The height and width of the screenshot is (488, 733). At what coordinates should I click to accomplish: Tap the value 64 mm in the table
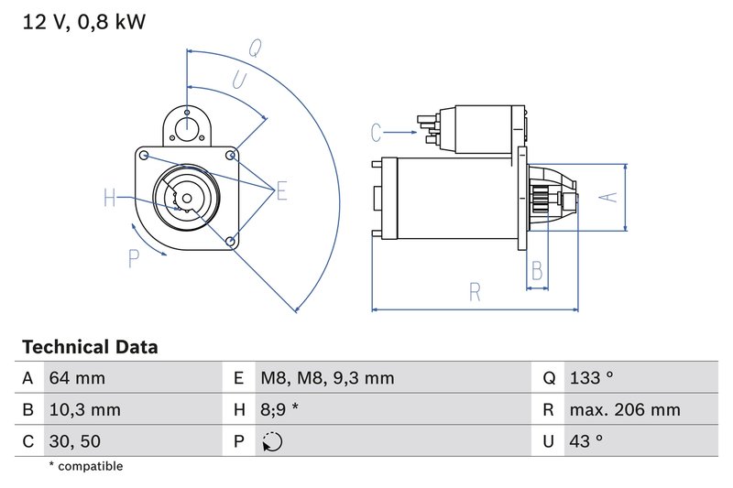(x=77, y=378)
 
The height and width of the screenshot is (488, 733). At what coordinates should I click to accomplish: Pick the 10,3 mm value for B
(x=84, y=410)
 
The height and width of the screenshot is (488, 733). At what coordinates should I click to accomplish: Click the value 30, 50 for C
(x=76, y=441)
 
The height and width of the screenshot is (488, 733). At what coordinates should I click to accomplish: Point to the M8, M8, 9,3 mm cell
(x=326, y=378)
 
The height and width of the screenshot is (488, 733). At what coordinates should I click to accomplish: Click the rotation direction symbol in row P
(x=272, y=442)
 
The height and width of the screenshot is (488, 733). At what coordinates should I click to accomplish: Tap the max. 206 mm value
(x=624, y=410)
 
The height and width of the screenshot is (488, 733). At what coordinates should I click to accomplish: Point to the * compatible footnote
(x=85, y=467)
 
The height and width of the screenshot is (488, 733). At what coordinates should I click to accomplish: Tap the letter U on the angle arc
(x=237, y=81)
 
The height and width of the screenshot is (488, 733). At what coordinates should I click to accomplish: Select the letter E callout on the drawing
(x=282, y=190)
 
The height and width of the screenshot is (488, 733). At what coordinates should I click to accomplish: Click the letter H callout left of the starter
(x=110, y=198)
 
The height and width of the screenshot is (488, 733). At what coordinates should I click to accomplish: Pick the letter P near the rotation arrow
(x=134, y=260)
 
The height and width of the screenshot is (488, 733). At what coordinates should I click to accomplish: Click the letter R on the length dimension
(x=475, y=292)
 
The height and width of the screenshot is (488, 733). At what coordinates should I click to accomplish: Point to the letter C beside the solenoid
(x=376, y=134)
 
